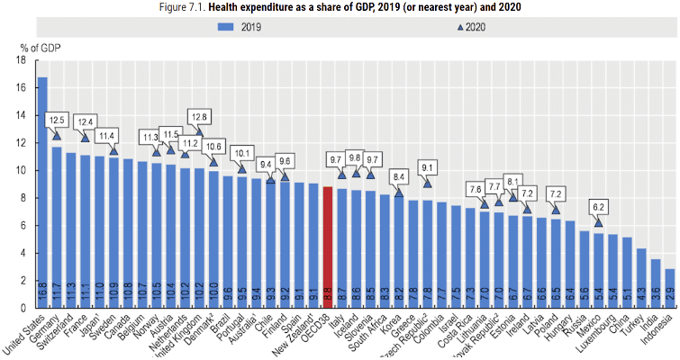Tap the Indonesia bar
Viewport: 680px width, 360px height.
pos(669,288)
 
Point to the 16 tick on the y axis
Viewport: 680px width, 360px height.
pos(19,88)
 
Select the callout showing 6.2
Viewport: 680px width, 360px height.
pos(598,207)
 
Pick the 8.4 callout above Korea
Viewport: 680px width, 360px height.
pos(399,176)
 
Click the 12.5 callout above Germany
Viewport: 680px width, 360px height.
pos(57,120)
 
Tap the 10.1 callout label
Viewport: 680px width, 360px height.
pos(241,153)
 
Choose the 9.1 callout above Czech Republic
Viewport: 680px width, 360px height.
pos(427,166)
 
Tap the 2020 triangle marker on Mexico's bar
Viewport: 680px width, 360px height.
pos(598,221)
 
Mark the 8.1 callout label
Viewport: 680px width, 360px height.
pos(513,180)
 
